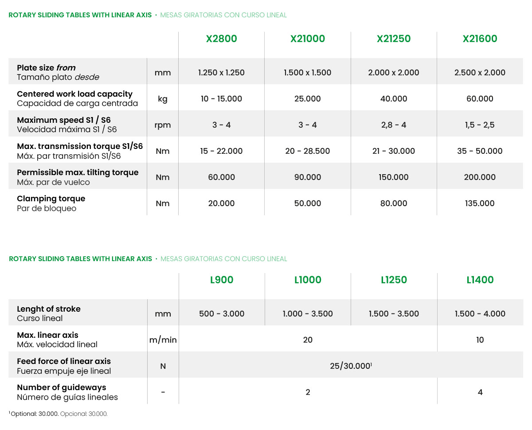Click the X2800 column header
pos(221,39)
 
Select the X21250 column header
pos(394,39)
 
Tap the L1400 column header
pos(480,280)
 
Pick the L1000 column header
pos(308,280)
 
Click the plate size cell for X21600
pos(480,73)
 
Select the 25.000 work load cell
pos(308,99)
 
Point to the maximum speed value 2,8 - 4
pos(394,125)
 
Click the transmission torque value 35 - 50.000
pos(480,151)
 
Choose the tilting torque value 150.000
pos(394,177)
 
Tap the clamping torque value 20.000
pos(221,203)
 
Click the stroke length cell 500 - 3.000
pos(222,314)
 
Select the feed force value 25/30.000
pos(350,366)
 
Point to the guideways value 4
pos(480,392)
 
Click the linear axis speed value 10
pos(480,340)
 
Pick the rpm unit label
pos(163,125)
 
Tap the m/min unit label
pos(163,340)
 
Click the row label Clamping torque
pos(51,199)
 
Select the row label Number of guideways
pos(62,387)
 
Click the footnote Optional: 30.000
pos(35,414)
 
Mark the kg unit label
pos(163,99)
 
